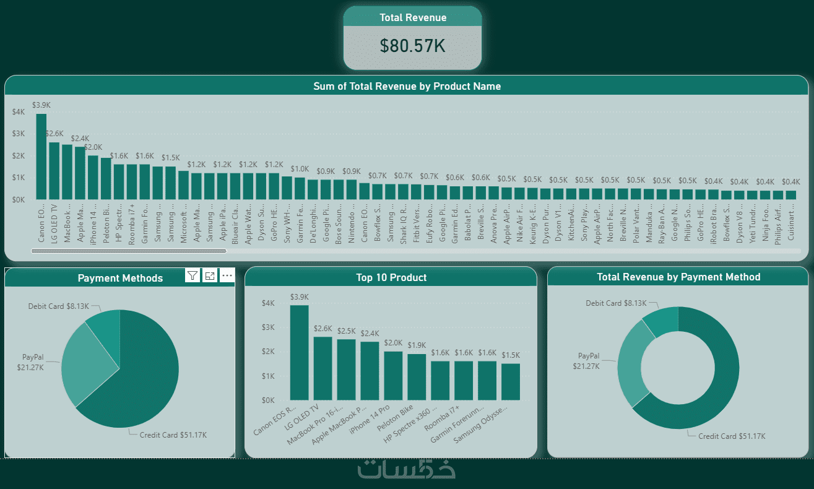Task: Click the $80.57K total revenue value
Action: click(x=412, y=46)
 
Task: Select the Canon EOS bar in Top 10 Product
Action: click(x=299, y=353)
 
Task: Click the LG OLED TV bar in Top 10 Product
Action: click(x=323, y=368)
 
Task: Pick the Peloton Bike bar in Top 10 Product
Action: click(x=417, y=377)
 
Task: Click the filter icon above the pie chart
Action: click(x=193, y=276)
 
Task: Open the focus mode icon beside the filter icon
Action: click(x=210, y=276)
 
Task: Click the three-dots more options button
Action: click(x=227, y=276)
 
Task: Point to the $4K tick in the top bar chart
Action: click(x=19, y=112)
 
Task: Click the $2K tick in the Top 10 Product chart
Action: click(x=267, y=352)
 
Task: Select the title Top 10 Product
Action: click(x=391, y=277)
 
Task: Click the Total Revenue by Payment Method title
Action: click(x=678, y=277)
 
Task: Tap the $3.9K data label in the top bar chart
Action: click(x=41, y=105)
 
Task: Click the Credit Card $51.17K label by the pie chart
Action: click(x=173, y=435)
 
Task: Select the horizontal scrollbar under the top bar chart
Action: click(x=129, y=251)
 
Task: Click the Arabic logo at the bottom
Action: click(x=407, y=469)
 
